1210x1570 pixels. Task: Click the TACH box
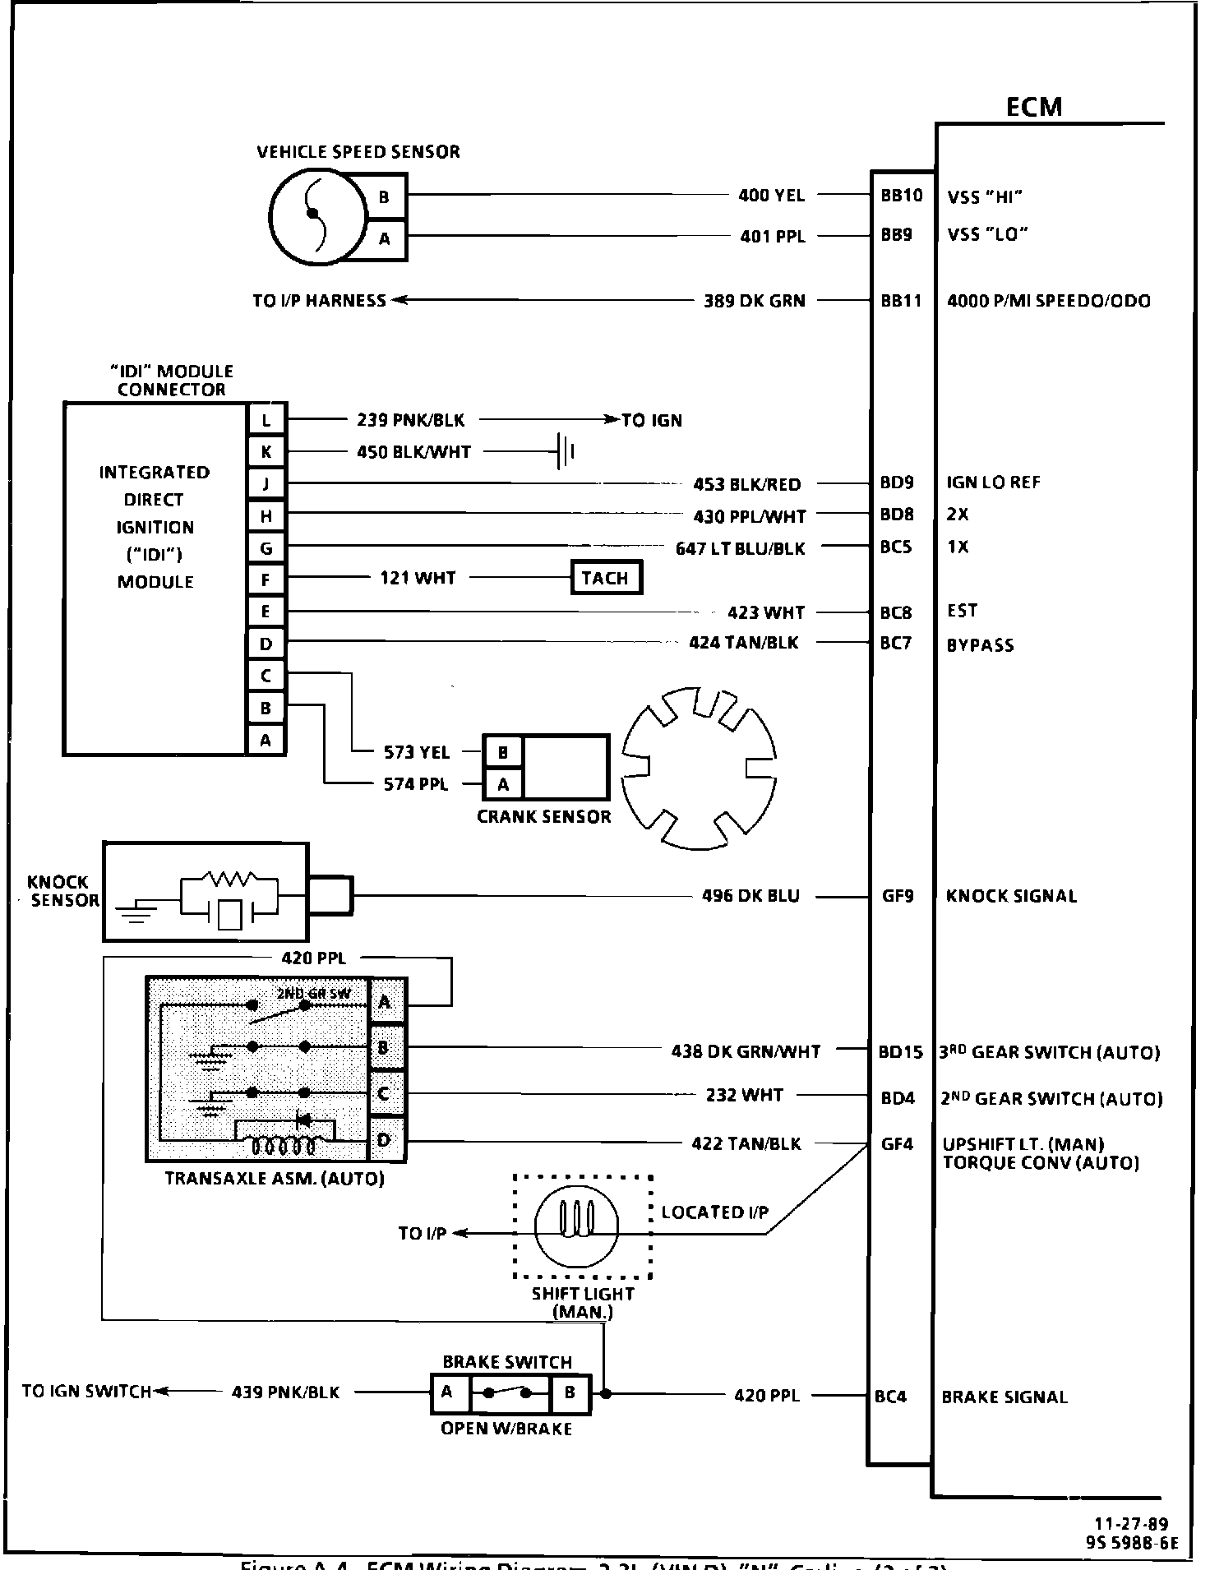pyautogui.click(x=606, y=578)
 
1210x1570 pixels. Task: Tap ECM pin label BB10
pyautogui.click(x=902, y=196)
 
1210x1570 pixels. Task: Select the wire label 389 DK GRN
pyautogui.click(x=754, y=301)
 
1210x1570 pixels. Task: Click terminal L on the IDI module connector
pyautogui.click(x=266, y=420)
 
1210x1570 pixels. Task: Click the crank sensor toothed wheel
pyautogui.click(x=700, y=769)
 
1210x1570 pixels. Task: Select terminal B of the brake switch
pyautogui.click(x=570, y=1392)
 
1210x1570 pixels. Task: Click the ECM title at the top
pyautogui.click(x=1033, y=108)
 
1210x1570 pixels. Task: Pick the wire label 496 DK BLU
pyautogui.click(x=750, y=896)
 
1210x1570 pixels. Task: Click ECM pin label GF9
pyautogui.click(x=898, y=896)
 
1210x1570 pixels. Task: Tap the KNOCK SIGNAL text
pyautogui.click(x=1011, y=896)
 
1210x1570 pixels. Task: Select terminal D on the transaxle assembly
pyautogui.click(x=384, y=1140)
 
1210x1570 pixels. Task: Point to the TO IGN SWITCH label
pyautogui.click(x=86, y=1392)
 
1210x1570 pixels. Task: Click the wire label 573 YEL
pyautogui.click(x=417, y=752)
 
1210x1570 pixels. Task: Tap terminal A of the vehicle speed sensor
pyautogui.click(x=384, y=239)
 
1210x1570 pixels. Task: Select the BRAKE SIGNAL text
pyautogui.click(x=1004, y=1397)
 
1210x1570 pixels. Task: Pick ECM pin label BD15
pyautogui.click(x=900, y=1052)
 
